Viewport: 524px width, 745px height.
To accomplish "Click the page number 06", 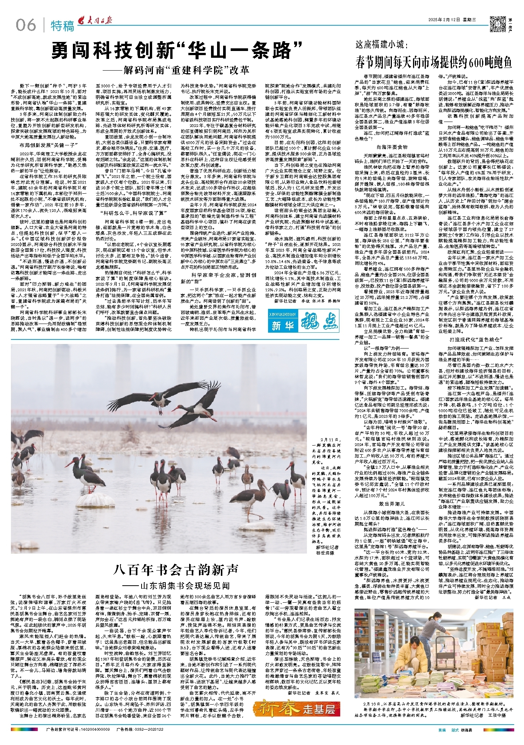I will coord(25,25).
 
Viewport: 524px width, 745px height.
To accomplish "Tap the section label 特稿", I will coord(62,26).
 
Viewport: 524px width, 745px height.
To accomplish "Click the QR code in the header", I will coord(497,24).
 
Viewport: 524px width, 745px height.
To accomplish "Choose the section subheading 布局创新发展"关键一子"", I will coord(49,145).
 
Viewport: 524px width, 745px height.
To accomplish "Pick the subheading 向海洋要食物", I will coord(392,147).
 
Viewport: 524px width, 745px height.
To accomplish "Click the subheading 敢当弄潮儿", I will coord(391,504).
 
